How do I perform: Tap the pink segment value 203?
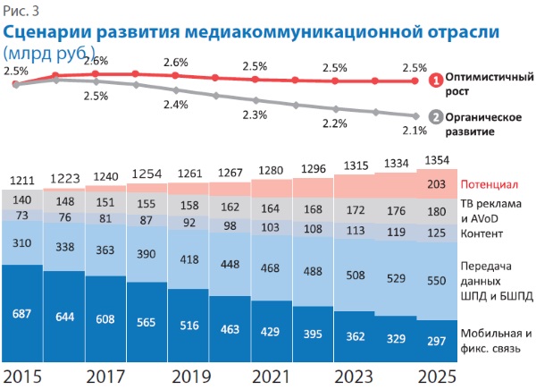pyautogui.click(x=437, y=184)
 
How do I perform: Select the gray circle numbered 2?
pyautogui.click(x=435, y=117)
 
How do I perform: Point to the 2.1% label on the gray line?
pyautogui.click(x=415, y=131)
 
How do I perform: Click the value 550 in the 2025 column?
pyautogui.click(x=437, y=280)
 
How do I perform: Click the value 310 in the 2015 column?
pyautogui.click(x=23, y=242)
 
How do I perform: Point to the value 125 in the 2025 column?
pyautogui.click(x=437, y=233)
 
